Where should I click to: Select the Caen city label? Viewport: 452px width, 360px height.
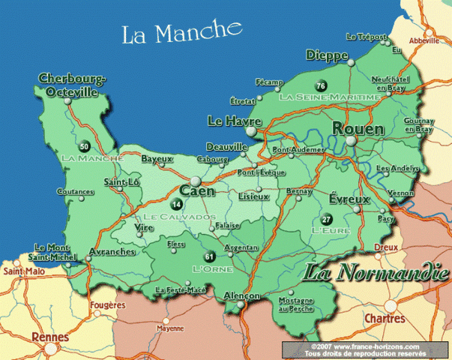tap(196, 191)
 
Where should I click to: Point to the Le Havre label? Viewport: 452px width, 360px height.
tap(228, 121)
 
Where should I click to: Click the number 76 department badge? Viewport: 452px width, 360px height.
tap(321, 85)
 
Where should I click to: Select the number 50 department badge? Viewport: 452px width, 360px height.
tap(84, 146)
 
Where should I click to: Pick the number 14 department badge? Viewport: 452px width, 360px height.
tap(177, 204)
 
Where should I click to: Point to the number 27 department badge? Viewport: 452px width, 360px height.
tap(325, 219)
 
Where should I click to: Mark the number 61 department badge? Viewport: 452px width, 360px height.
tap(209, 256)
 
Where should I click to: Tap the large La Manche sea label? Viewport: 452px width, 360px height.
tap(183, 33)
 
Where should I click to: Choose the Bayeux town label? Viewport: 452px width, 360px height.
tap(157, 160)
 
